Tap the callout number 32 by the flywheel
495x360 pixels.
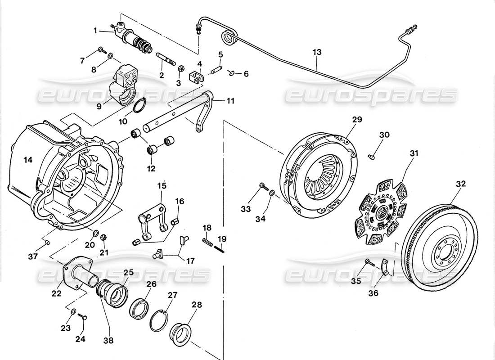point(461,184)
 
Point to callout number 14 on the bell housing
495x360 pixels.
point(28,160)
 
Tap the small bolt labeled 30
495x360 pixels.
point(372,157)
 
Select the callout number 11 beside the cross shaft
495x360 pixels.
point(230,101)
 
